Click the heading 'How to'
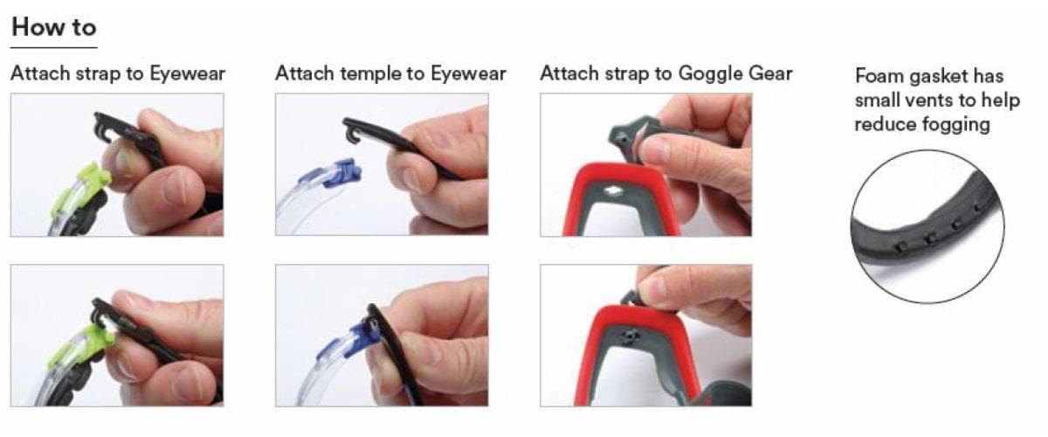tap(54, 27)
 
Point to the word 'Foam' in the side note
tap(879, 76)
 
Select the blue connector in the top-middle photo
tap(337, 173)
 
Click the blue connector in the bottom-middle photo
tap(352, 338)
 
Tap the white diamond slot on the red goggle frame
tap(612, 191)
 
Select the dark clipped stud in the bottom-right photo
tap(628, 336)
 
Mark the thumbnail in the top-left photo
tap(127, 163)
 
